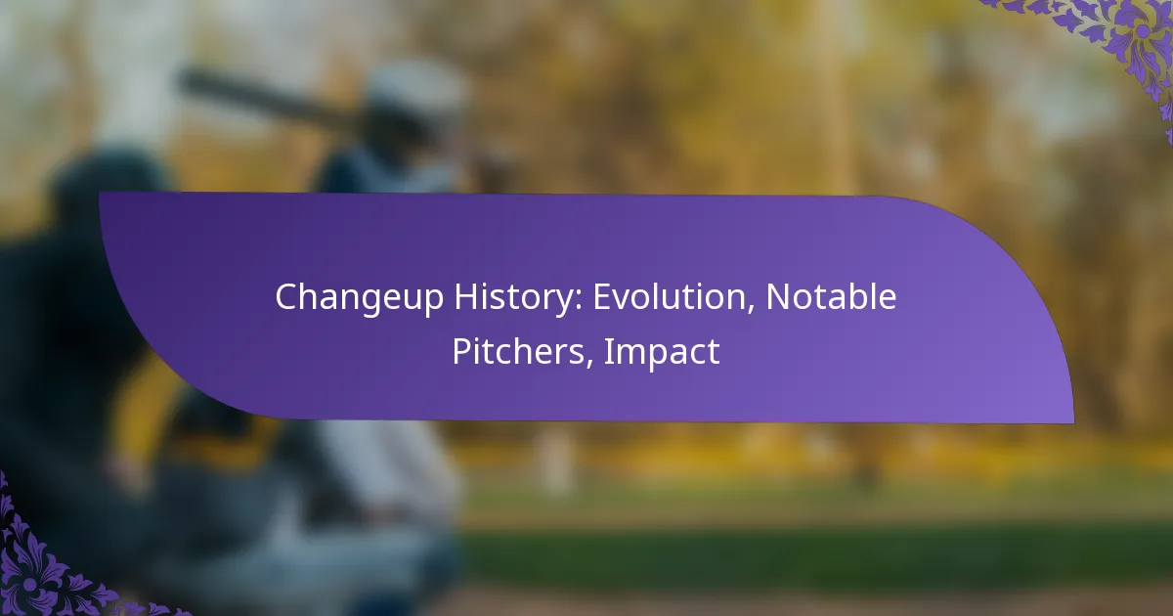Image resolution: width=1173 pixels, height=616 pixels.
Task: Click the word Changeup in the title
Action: (x=360, y=298)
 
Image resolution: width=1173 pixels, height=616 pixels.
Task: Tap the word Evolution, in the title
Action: (x=673, y=296)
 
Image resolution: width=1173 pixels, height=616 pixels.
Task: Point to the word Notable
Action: (x=831, y=296)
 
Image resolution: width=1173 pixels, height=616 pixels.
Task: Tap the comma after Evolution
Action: (x=751, y=309)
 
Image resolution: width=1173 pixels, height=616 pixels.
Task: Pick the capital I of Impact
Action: (x=607, y=351)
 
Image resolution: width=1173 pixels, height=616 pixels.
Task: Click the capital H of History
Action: (x=465, y=297)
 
